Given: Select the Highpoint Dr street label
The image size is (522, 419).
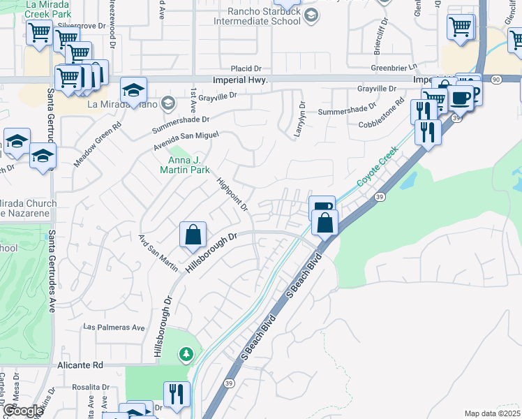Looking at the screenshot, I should coord(232,193).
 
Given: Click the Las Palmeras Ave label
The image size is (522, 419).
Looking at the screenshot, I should coord(114,327).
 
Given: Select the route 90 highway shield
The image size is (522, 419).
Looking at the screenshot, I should coord(495,80).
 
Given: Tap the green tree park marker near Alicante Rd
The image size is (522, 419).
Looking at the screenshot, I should coord(186,355).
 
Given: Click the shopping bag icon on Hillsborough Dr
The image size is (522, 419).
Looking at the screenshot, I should coord(193,235).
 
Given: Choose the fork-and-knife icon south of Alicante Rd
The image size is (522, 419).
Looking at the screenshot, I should coord(177,394).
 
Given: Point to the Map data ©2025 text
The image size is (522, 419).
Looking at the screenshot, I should coord(491,413).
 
